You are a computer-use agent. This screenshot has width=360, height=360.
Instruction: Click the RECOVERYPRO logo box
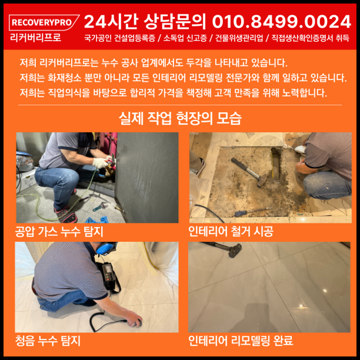[44, 22]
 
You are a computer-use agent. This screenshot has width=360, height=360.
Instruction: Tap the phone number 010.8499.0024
[282, 22]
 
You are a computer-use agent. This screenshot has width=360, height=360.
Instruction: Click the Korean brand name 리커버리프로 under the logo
[35, 38]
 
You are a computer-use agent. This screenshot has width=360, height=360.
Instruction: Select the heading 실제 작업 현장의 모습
[180, 118]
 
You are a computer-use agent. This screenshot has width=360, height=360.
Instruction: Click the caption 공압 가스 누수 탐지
[59, 231]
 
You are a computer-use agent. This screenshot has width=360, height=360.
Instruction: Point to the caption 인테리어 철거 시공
[231, 231]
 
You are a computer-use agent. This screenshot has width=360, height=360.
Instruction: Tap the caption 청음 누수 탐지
[48, 341]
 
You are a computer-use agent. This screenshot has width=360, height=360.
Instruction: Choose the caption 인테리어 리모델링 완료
[241, 341]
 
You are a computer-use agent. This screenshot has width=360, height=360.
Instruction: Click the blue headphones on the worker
[106, 248]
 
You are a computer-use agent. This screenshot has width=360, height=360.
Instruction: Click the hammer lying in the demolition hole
[249, 171]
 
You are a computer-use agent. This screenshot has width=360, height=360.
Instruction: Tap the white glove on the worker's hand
[100, 163]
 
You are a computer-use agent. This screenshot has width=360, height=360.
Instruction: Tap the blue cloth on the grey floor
[98, 220]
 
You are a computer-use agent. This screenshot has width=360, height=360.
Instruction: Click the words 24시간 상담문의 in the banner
[145, 22]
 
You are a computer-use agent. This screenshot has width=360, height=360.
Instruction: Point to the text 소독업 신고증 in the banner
[185, 38]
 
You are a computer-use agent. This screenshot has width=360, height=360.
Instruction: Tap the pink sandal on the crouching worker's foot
[66, 214]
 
